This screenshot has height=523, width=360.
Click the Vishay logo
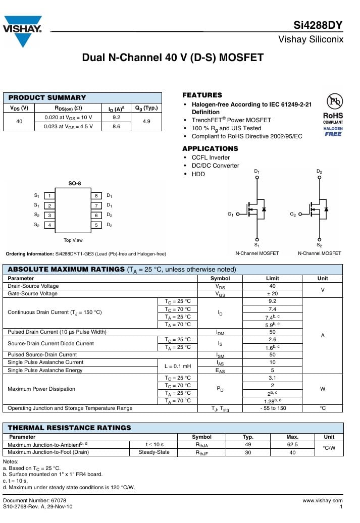coord(22,31)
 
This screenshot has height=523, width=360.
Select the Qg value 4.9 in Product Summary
coord(146,122)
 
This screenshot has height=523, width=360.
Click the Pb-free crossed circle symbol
coord(333,102)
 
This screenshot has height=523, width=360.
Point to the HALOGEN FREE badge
coord(333,131)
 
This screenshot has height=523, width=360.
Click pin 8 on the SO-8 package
coord(96,196)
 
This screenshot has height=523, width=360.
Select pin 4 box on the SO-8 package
coord(49,225)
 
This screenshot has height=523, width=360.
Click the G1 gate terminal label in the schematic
coord(231,215)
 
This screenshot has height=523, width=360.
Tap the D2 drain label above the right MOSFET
coord(319,172)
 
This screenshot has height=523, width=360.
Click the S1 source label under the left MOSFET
coord(257,245)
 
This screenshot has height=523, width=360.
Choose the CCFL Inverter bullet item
coord(211,158)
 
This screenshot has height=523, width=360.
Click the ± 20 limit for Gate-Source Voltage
coord(272,294)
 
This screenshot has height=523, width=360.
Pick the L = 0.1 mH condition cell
coord(177,366)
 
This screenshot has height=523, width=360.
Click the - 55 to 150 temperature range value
coord(272,408)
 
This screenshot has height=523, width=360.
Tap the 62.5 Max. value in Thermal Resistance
coord(292,445)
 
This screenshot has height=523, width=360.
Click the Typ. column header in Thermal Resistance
coord(248,437)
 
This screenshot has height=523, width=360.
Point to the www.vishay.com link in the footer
coord(322,500)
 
